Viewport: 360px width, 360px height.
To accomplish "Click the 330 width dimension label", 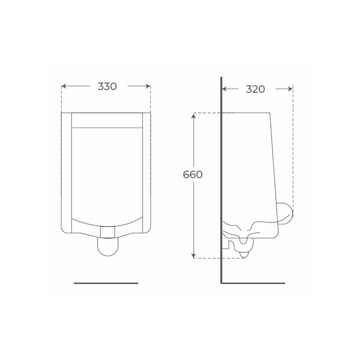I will coord(107,86).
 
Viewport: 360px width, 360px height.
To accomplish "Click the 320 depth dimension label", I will coord(255,89).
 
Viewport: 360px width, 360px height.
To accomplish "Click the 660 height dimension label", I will coord(193,175).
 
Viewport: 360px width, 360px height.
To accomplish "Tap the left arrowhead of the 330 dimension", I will coord(63,86).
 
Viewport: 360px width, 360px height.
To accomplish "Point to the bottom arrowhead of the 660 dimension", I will coord(194,256).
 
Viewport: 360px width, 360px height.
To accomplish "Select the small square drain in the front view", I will coord(107,232).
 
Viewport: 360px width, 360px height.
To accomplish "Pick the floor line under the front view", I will coord(106,283).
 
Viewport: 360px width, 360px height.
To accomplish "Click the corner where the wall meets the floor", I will coord(221,283).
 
